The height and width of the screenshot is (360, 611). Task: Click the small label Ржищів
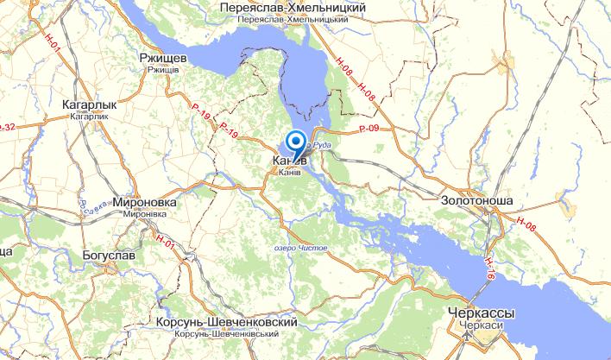(163, 69)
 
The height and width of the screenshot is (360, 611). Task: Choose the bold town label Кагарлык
(90, 104)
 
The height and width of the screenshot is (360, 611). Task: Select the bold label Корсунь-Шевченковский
(228, 321)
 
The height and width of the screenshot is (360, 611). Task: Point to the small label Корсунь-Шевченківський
(228, 332)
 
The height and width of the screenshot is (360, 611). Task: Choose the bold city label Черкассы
(482, 311)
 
